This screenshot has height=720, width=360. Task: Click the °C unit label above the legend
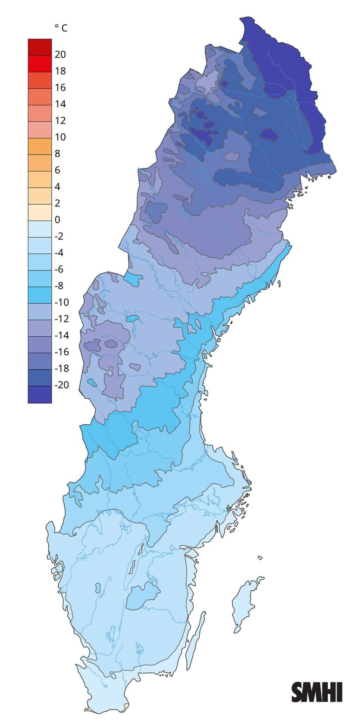61,28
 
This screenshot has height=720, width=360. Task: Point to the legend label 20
60,54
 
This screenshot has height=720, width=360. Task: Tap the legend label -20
62,385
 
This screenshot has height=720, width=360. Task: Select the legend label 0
58,220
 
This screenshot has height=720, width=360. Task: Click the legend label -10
62,302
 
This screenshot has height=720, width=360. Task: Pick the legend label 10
60,137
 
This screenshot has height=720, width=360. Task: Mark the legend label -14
62,335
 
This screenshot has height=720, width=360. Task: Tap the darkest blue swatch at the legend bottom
40,394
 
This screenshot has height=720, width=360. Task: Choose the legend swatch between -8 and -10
40,295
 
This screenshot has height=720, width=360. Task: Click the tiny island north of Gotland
260,558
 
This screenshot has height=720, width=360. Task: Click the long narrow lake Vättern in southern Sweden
133,566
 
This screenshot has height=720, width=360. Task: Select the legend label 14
60,104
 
